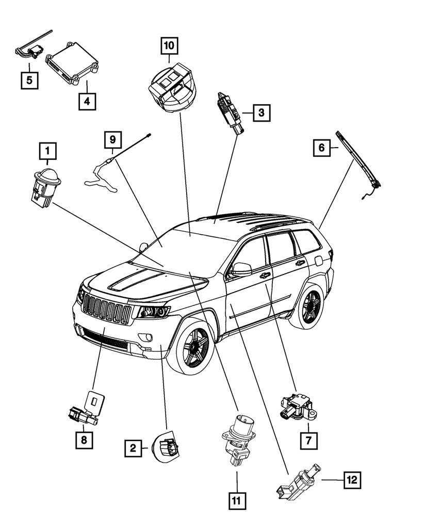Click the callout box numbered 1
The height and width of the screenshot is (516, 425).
coord(47,151)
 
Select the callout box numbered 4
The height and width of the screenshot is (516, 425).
coord(87,102)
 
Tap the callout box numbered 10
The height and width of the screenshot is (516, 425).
coord(169,46)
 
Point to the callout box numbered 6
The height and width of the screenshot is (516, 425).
coord(321,149)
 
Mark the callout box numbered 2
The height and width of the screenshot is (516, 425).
coord(133,449)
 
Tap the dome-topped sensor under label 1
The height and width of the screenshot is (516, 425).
coord(46,186)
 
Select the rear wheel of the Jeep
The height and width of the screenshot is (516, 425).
coord(308,307)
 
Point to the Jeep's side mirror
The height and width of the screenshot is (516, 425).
coord(240,269)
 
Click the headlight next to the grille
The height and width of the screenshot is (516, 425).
coord(152,312)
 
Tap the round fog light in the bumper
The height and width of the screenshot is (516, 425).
coord(149,338)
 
